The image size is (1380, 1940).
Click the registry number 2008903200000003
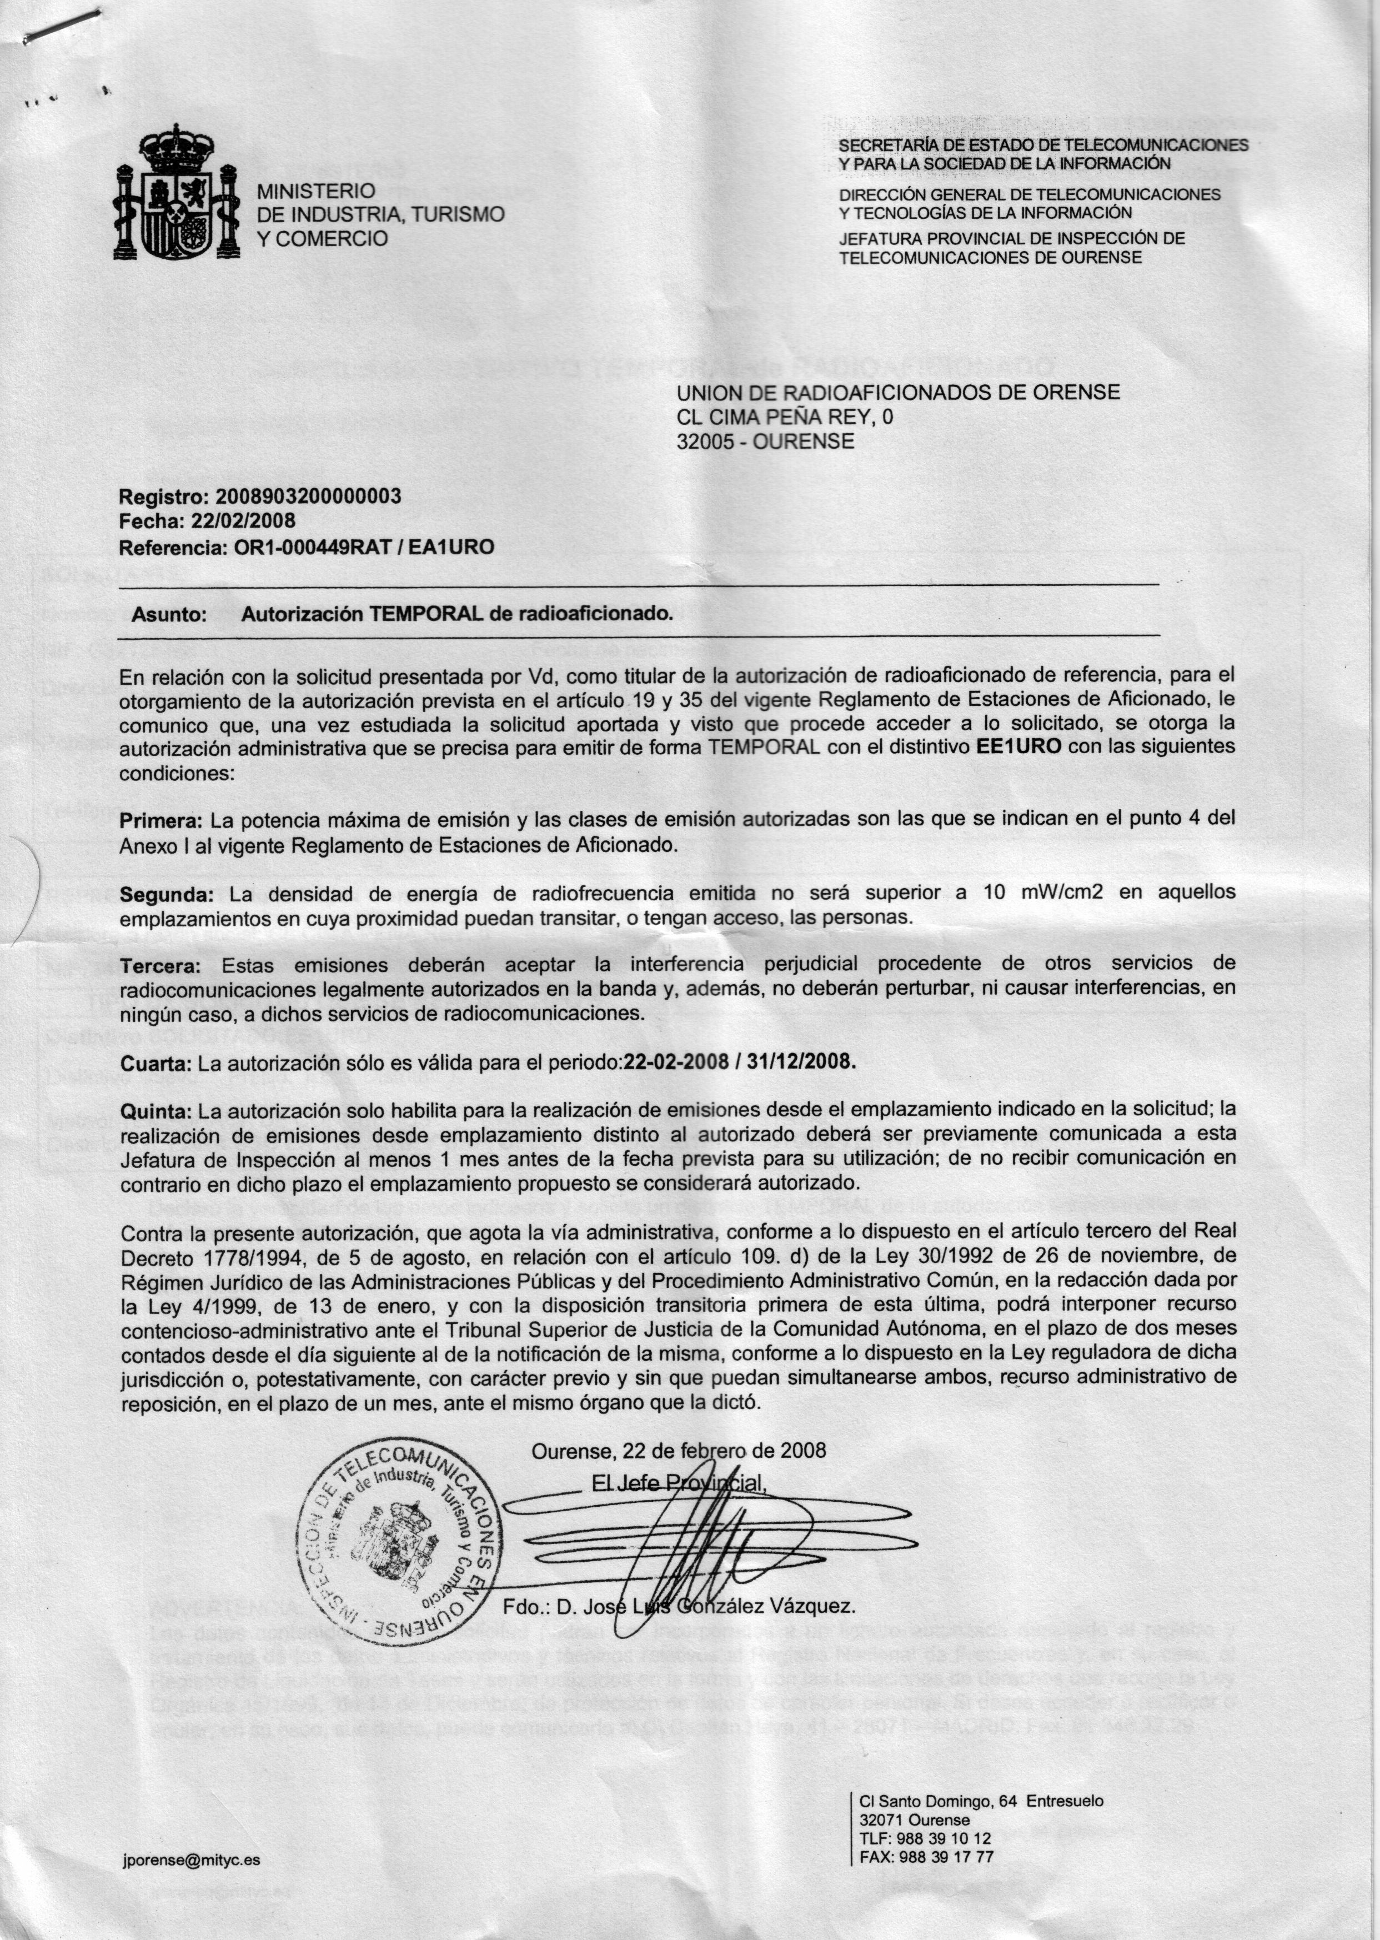click(x=308, y=497)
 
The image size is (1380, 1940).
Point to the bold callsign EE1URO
click(x=1019, y=748)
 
